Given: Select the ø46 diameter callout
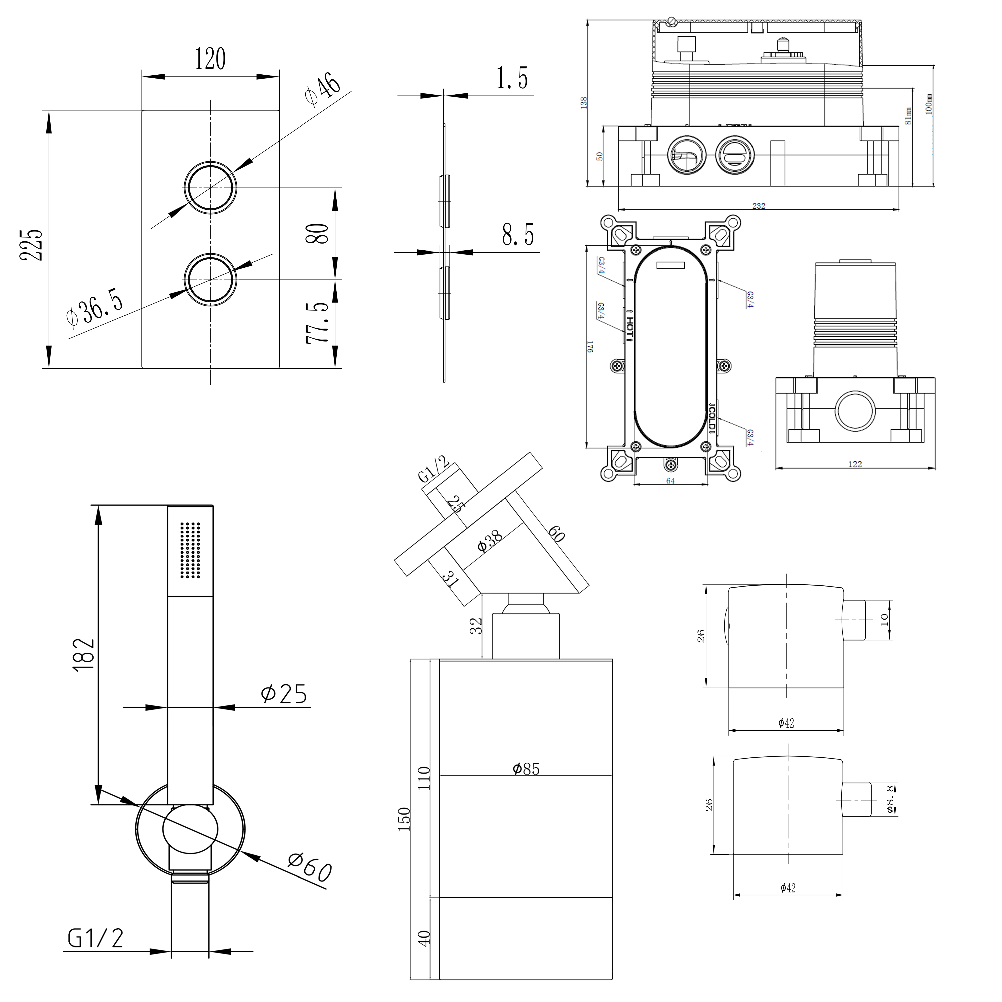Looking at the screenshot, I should coord(323,89).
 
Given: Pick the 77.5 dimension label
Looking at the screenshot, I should coord(317,323).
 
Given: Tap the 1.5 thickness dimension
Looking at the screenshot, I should coord(512,78).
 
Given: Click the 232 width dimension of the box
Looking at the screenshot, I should coord(758,206).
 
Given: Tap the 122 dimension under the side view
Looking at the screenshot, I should coord(855,464).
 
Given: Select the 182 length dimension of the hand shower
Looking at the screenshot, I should coord(84,655).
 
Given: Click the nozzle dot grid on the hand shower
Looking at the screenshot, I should coord(190,550).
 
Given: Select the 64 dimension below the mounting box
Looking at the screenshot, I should coord(670,481).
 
